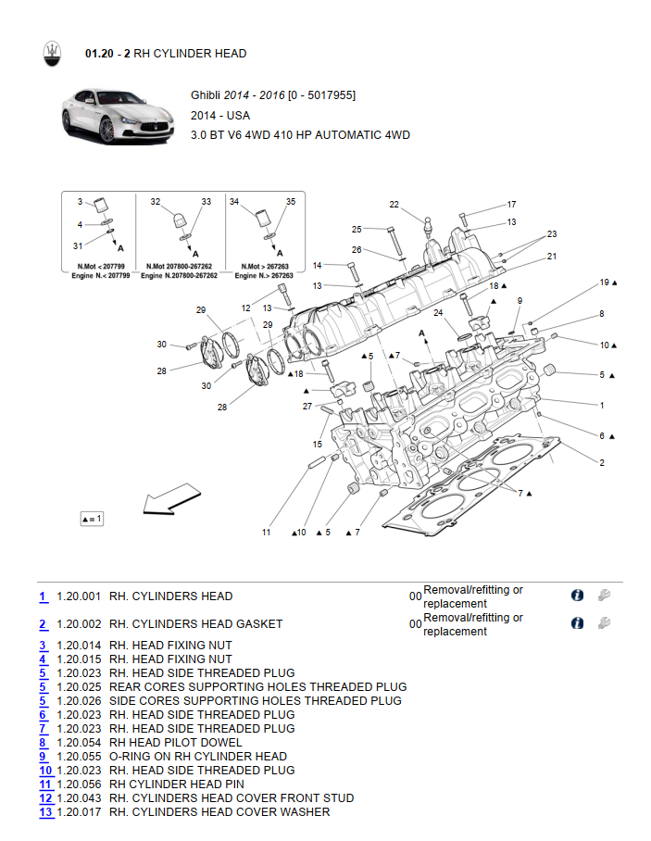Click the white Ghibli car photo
point(117,115)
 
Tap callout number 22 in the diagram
point(394,205)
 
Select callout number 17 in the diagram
point(511,205)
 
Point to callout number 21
point(552,257)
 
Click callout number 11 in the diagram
point(266,533)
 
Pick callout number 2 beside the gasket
point(602,462)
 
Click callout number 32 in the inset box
point(156,201)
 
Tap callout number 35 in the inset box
point(290,201)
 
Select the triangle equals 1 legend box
point(92,519)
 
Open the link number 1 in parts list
point(43,596)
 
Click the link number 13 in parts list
point(45,812)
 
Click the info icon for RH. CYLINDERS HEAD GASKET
point(577,623)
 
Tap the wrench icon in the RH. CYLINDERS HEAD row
point(605,596)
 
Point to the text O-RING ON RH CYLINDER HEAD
point(198,757)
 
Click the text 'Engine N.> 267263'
point(264,276)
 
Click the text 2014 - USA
point(220,116)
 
